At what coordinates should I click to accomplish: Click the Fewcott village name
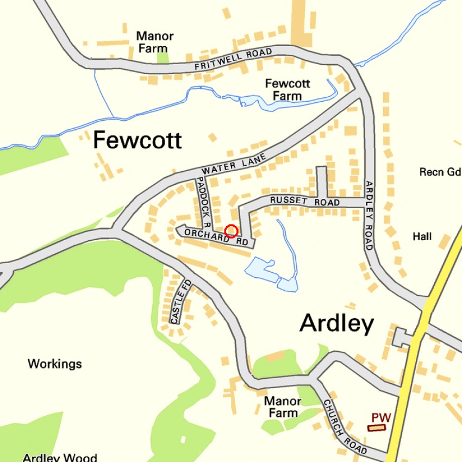(x=137, y=141)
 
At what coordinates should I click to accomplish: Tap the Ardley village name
(x=336, y=324)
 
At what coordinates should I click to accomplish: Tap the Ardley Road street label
(x=369, y=215)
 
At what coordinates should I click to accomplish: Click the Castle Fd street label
(x=180, y=302)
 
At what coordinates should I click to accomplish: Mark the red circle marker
(x=231, y=231)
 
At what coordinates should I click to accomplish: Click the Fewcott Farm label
(x=287, y=90)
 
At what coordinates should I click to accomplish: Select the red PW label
(x=382, y=417)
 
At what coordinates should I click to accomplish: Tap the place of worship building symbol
(x=376, y=428)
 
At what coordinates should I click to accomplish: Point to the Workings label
(x=55, y=364)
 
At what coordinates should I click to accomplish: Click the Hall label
(x=422, y=236)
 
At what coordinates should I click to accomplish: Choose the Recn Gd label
(x=440, y=172)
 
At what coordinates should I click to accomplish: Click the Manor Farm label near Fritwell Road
(x=155, y=42)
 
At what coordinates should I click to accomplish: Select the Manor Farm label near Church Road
(x=283, y=407)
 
